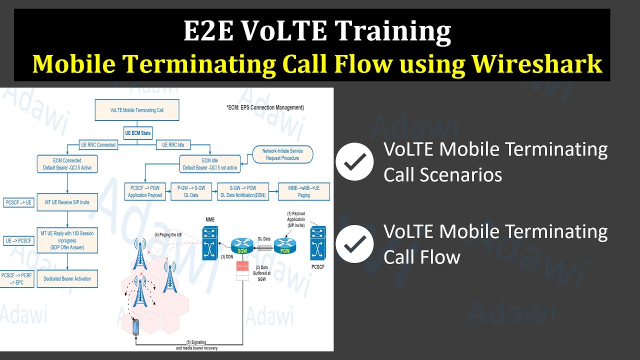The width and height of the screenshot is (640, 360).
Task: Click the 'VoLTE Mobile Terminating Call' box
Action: [136, 110]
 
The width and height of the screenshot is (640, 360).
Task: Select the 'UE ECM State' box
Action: [137, 133]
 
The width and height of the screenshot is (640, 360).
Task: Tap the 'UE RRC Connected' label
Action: [98, 145]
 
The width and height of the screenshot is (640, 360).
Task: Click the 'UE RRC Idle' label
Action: [173, 145]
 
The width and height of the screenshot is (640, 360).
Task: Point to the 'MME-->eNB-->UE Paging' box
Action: [303, 192]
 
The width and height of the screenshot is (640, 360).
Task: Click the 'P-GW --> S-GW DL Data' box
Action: [191, 192]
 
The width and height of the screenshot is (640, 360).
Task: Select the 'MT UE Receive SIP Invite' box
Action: [67, 202]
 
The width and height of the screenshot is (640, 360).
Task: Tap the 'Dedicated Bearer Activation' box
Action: [67, 278]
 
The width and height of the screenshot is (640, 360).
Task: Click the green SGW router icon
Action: [242, 245]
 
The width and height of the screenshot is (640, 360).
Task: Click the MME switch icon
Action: [210, 243]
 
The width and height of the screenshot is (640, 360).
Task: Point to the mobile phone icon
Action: [136, 327]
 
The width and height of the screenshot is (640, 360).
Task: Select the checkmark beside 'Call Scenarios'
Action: [354, 161]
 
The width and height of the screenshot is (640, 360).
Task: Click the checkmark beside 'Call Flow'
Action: [354, 244]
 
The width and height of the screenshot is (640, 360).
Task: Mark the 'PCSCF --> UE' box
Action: [18, 202]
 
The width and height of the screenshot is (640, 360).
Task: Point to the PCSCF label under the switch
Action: [317, 267]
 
